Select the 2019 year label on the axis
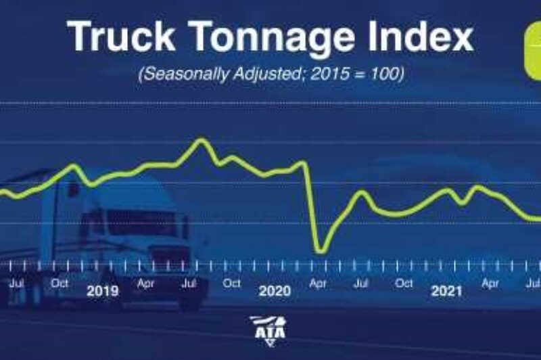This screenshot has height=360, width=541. coord(103,291)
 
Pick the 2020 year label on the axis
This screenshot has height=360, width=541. coord(275,291)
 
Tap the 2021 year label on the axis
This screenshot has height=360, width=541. coord(447,291)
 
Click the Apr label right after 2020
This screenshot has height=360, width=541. coord(318,284)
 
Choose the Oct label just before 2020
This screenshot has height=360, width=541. coord(231,284)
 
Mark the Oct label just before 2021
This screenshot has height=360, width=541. coord(404,284)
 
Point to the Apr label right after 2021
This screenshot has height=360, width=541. coord(490,284)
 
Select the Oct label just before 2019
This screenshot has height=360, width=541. coord(60,284)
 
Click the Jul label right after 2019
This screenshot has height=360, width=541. coord(189,284)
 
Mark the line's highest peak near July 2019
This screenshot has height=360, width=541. coord(200,140)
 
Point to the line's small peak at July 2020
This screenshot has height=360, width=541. coord(362,193)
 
